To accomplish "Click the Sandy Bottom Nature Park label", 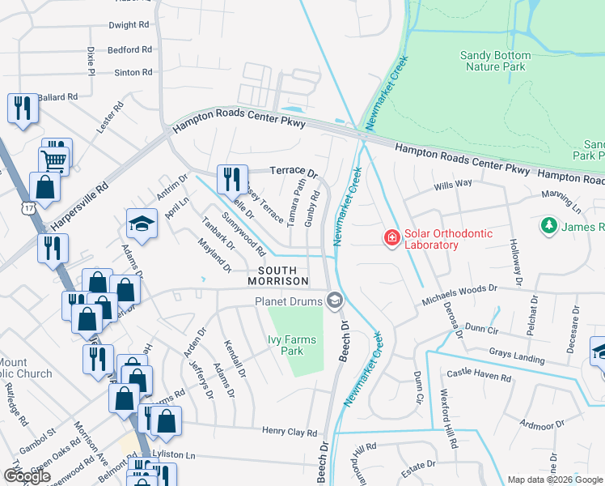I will tap(495, 61).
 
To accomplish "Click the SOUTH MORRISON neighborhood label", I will tap(283, 275).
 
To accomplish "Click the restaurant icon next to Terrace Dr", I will tap(232, 177).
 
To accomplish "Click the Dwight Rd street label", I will tap(129, 25).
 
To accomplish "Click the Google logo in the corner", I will tap(27, 476).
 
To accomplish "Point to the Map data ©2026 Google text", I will tap(555, 480).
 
